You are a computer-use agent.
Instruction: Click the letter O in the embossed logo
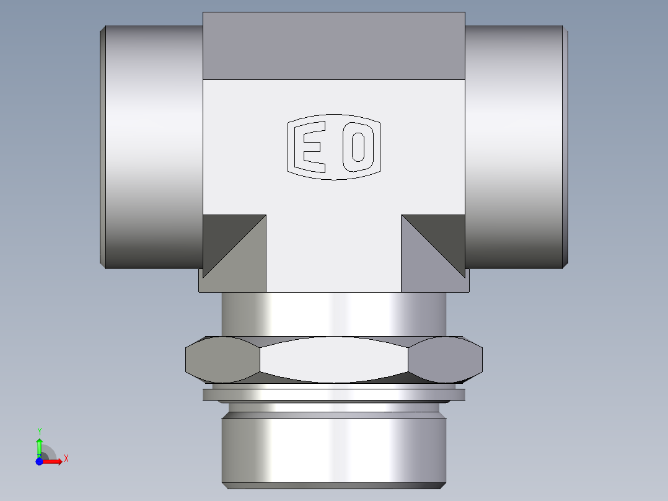click(357, 147)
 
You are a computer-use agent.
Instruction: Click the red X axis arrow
click(54, 461)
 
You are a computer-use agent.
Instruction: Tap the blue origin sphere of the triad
click(39, 461)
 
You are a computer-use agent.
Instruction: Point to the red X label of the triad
click(66, 459)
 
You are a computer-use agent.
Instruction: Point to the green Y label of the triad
click(39, 431)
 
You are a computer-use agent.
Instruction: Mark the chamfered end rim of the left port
click(103, 147)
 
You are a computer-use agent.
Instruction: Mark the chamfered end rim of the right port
click(565, 147)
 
